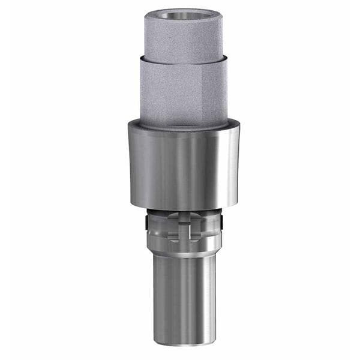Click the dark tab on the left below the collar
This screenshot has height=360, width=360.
(147, 223)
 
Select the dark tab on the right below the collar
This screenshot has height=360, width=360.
(221, 223)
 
